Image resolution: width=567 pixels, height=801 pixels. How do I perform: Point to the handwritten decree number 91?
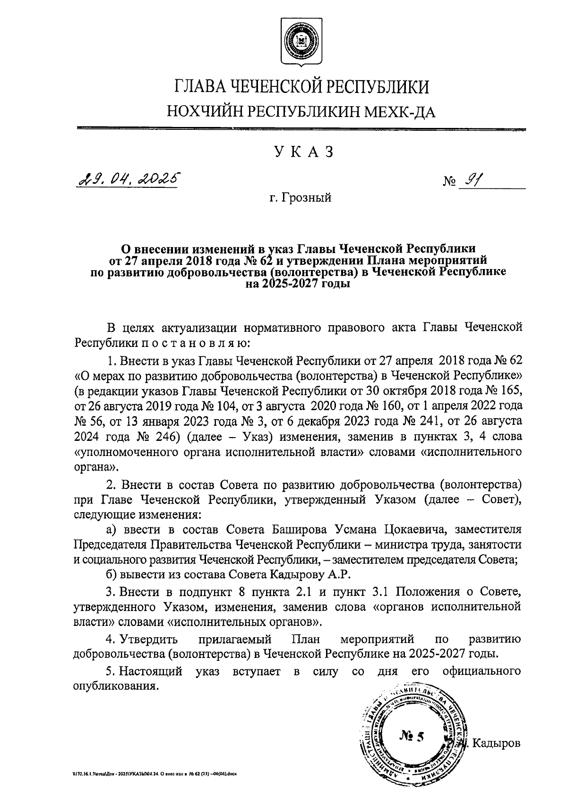(472, 179)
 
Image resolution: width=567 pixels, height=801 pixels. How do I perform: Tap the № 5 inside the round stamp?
(412, 735)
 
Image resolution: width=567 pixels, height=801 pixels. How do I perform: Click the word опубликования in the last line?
(115, 685)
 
